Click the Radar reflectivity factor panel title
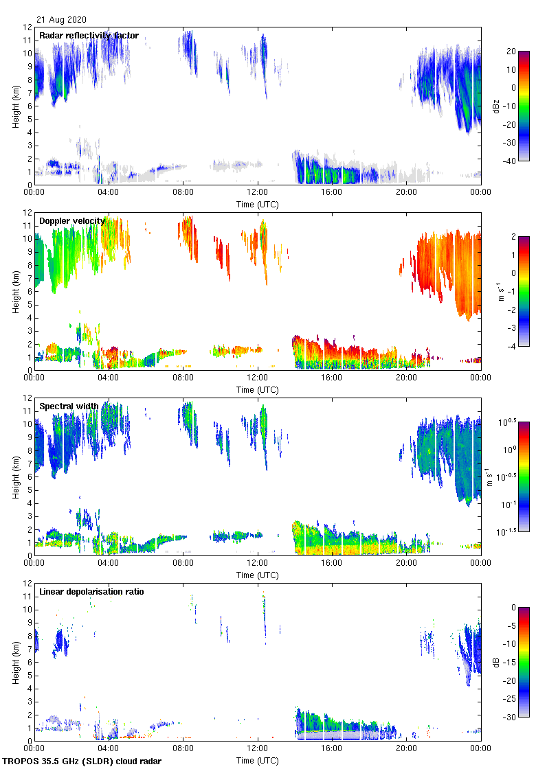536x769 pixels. click(89, 36)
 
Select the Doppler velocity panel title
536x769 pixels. click(72, 221)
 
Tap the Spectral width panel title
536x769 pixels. click(69, 406)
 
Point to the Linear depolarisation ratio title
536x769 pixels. click(91, 592)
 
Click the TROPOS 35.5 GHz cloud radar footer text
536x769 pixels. click(83, 761)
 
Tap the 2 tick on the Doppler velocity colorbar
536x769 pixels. click(512, 236)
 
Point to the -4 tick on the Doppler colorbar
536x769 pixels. click(513, 347)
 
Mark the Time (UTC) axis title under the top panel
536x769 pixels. click(258, 204)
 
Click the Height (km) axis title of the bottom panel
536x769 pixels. click(15, 662)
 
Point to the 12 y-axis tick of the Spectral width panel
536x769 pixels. click(27, 398)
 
